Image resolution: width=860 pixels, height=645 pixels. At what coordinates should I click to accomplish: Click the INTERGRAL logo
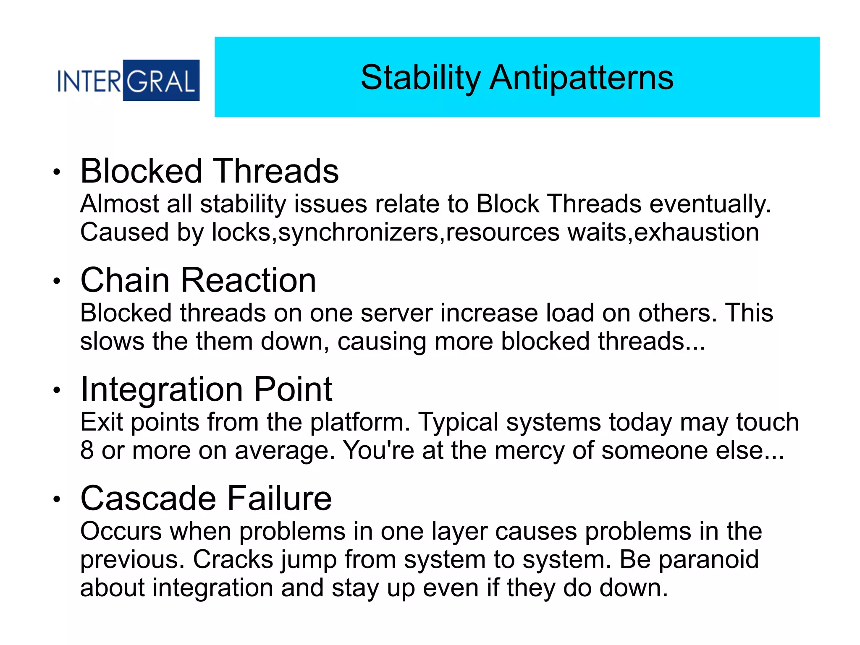(128, 81)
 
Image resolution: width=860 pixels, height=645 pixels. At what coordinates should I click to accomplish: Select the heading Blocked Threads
(209, 171)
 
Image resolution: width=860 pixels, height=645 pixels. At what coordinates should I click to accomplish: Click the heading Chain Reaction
(198, 280)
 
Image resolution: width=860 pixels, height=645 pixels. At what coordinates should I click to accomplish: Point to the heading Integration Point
(206, 389)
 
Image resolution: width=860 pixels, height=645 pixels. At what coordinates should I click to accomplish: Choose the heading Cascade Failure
(206, 499)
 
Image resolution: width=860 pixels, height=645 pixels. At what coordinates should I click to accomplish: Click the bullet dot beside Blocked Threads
(57, 172)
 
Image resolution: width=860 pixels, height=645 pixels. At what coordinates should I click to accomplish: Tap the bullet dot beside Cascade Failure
(57, 499)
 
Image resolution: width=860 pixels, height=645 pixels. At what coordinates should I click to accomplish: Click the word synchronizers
(358, 232)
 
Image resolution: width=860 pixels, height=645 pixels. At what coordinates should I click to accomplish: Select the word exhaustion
(696, 232)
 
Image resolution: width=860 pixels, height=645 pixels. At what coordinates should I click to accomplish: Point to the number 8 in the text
(87, 450)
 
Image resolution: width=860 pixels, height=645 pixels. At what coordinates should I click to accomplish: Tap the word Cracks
(233, 560)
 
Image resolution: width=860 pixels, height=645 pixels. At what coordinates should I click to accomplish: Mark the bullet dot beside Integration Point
(57, 391)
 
